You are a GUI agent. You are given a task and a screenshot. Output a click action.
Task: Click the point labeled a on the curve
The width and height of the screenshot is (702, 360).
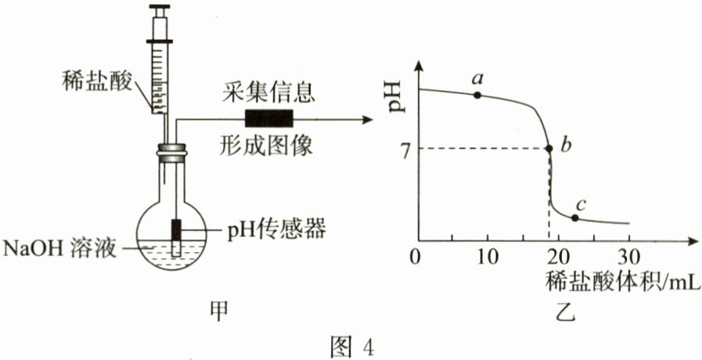click(x=477, y=95)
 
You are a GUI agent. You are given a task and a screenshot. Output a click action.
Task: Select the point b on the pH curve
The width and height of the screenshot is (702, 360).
click(x=548, y=148)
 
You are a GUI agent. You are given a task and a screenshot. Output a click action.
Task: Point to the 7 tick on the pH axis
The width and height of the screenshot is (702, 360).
click(x=405, y=149)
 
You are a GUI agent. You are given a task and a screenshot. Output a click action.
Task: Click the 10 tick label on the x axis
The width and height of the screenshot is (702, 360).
click(x=487, y=257)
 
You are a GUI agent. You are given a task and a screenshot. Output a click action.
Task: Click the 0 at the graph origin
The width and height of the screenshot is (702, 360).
click(x=416, y=257)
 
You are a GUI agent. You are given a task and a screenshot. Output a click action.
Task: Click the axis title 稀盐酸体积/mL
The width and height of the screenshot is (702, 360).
click(x=619, y=279)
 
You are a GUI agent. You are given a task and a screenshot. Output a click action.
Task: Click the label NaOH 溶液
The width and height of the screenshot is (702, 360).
click(x=59, y=250)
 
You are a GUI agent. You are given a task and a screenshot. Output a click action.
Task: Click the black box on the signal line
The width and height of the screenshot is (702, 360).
click(x=268, y=119)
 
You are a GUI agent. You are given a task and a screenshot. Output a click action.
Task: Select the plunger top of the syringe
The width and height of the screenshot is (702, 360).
click(x=160, y=11)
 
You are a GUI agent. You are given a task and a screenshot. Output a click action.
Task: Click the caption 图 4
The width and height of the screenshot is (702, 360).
click(x=351, y=344)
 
